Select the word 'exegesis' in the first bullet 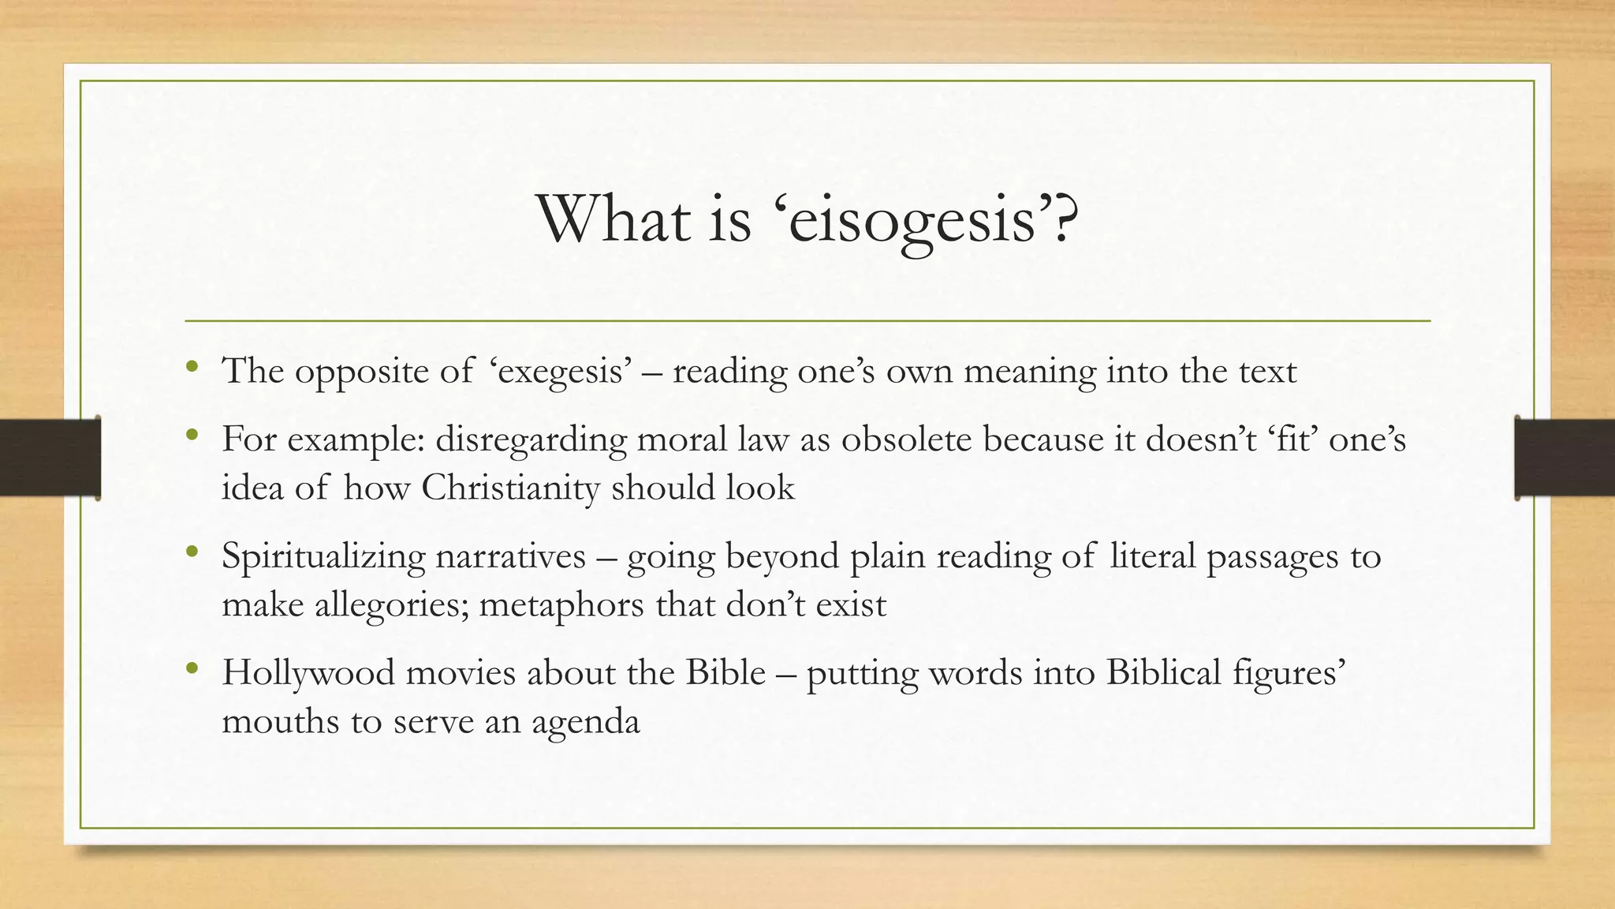pos(561,372)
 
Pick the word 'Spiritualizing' pos(324,556)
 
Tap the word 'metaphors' pos(561,605)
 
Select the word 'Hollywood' pos(308,672)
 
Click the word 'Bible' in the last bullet pos(725,672)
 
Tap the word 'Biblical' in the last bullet pos(1163,672)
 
